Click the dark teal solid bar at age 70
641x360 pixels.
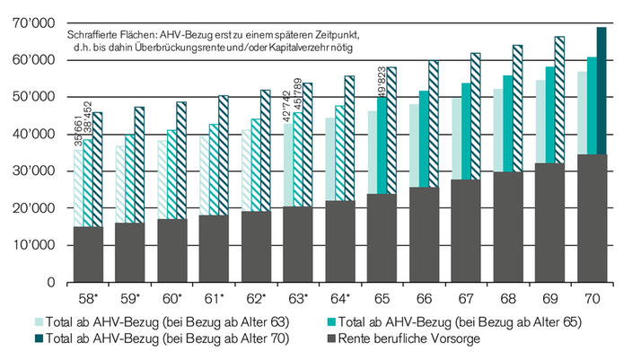(x=601, y=90)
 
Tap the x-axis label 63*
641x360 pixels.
(x=299, y=297)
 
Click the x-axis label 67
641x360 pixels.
(x=466, y=297)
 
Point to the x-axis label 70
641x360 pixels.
(x=592, y=297)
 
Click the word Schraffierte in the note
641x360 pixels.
(x=94, y=34)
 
